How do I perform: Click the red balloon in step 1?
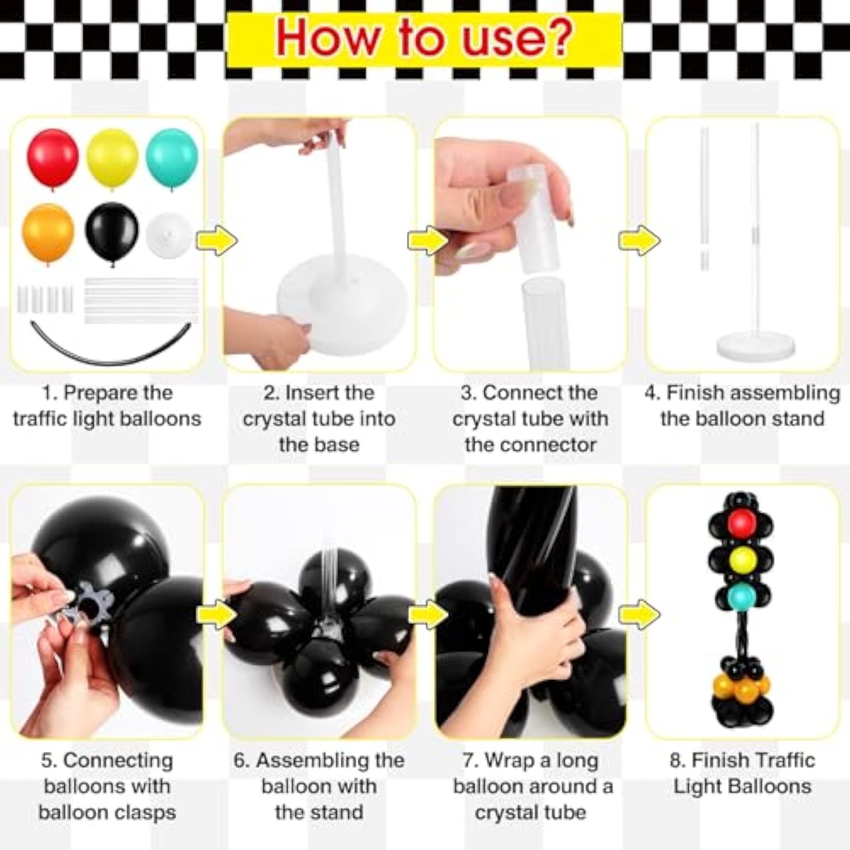[53, 158]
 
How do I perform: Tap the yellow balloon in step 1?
[112, 158]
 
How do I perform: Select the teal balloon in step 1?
[172, 158]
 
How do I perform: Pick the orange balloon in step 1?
[48, 232]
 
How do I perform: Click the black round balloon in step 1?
[112, 231]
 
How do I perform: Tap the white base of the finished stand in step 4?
[755, 345]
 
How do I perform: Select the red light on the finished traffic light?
[742, 522]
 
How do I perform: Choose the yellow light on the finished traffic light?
[742, 559]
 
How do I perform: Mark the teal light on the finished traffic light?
[742, 595]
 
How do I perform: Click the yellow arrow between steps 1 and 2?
[216, 240]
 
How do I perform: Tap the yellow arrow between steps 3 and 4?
[639, 240]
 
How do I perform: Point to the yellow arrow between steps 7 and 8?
[639, 614]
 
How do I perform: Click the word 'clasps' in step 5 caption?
[144, 812]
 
